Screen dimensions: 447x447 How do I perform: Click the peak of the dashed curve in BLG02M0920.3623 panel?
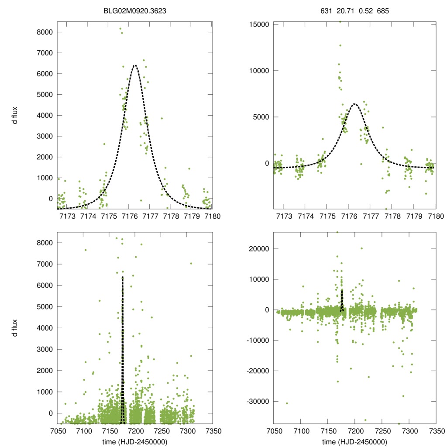pos(135,65)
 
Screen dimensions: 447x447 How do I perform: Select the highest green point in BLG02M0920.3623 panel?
pos(120,29)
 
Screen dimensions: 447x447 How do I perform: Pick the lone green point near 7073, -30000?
pos(287,403)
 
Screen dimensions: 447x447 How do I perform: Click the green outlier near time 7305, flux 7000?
pos(191,263)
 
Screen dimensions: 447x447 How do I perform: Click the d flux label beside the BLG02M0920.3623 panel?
pos(15,115)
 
